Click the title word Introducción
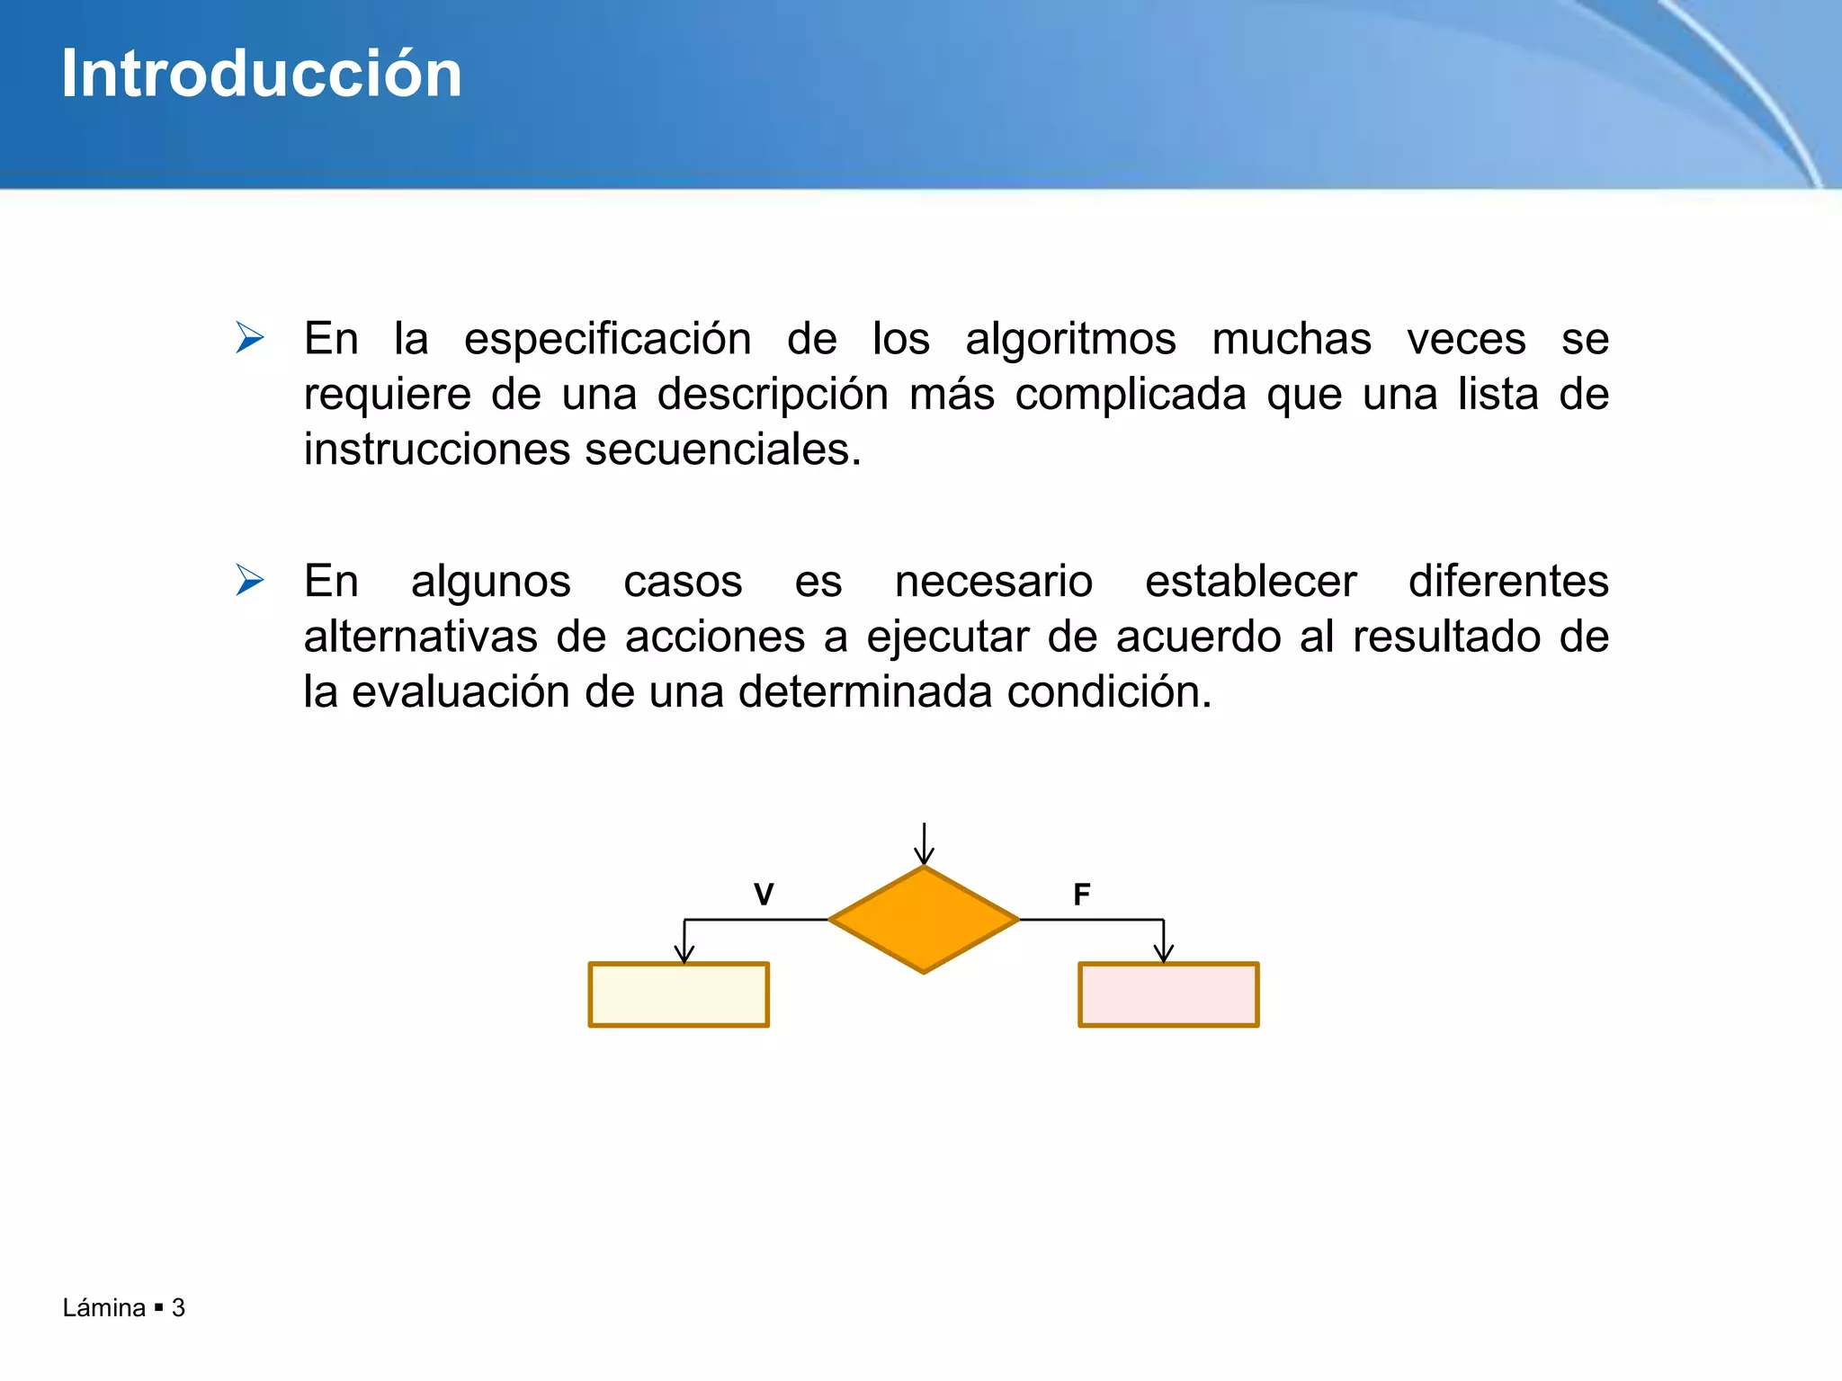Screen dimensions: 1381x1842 (x=261, y=74)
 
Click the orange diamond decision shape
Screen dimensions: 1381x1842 (x=924, y=920)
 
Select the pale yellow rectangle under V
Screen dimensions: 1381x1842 (x=679, y=994)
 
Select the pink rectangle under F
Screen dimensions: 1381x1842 (x=1168, y=994)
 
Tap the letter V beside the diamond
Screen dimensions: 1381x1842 (x=764, y=895)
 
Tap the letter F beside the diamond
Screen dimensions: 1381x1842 (x=1082, y=895)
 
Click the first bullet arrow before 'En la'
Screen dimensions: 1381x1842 (x=249, y=338)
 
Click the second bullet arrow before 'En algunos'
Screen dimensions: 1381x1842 (x=249, y=580)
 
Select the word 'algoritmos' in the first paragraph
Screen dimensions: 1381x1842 (x=1070, y=340)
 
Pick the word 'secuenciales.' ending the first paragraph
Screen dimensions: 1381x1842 (x=723, y=450)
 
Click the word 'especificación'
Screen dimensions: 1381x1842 (x=607, y=340)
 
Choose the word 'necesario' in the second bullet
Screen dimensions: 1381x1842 (x=993, y=582)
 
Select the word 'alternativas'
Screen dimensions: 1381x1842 (x=420, y=637)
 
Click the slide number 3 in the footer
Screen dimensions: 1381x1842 (x=178, y=1307)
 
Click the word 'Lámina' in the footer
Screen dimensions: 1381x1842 (x=103, y=1307)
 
